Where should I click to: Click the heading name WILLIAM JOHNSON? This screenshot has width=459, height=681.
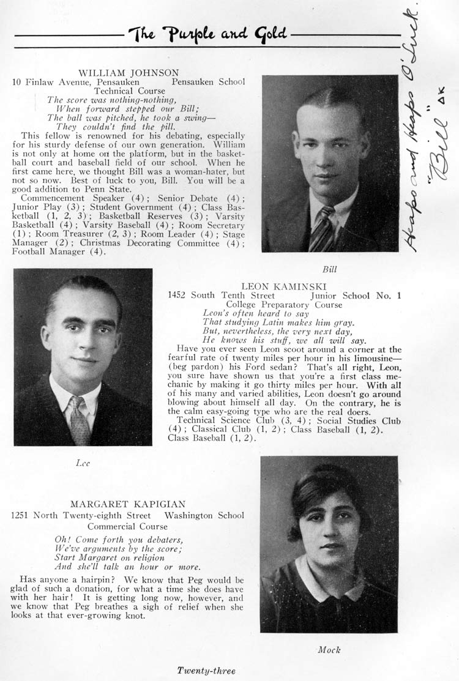[x=129, y=73]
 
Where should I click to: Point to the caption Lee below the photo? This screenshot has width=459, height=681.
[x=83, y=463]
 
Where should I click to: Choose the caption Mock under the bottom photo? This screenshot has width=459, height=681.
[x=329, y=650]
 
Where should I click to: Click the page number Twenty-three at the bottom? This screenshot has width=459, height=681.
[x=206, y=671]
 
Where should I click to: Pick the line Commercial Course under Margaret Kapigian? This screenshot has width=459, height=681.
[x=127, y=526]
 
